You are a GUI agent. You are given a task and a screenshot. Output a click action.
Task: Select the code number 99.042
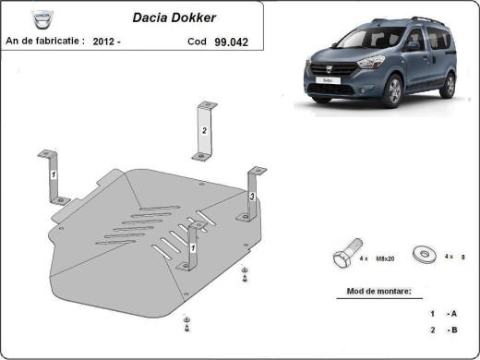tap(234, 42)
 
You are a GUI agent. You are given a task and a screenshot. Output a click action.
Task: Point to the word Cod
tap(197, 42)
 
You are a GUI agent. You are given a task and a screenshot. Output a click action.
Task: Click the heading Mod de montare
tap(378, 292)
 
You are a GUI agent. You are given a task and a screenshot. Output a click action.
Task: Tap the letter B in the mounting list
tap(452, 330)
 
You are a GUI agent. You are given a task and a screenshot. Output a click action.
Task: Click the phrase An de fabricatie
tap(44, 42)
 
